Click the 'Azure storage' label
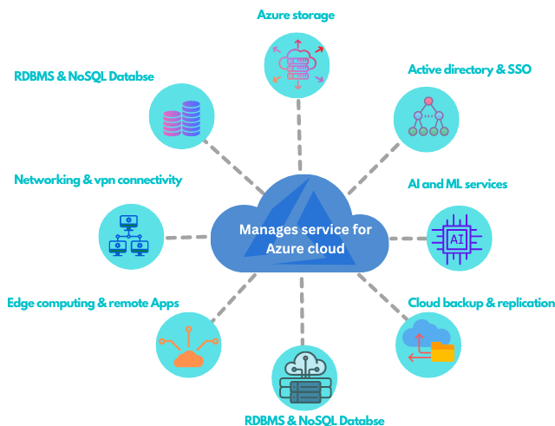[296, 16]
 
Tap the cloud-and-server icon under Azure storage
[297, 65]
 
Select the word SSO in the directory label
[519, 69]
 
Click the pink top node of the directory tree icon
[428, 102]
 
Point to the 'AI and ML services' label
[457, 184]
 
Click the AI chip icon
[457, 239]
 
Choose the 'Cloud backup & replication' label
[481, 303]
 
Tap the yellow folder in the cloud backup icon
[442, 351]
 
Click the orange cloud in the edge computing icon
[189, 358]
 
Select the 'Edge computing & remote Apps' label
[93, 303]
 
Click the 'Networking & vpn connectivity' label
[98, 180]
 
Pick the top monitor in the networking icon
[128, 222]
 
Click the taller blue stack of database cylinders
[191, 118]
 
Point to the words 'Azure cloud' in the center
[305, 249]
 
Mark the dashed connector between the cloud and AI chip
[408, 239]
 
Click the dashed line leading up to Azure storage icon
[299, 135]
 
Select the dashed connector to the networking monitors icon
[186, 237]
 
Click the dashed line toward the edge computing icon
[233, 298]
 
